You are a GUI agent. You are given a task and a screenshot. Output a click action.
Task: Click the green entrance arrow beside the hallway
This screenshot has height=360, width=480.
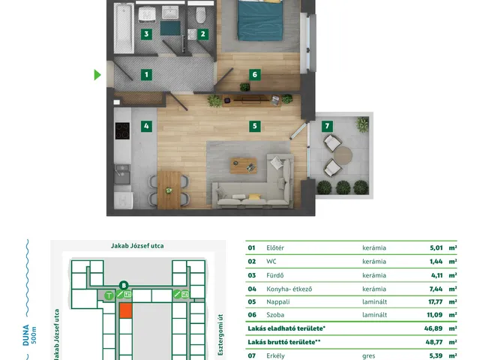point(97,75)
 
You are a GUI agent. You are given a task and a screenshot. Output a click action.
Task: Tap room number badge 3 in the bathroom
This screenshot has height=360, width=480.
point(146,34)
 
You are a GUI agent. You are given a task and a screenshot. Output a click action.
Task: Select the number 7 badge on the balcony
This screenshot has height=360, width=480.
point(327,126)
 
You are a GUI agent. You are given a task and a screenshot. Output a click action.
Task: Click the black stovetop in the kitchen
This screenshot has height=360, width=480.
point(122,130)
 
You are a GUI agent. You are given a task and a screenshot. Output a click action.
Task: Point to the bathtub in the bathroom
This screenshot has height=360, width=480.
point(124,28)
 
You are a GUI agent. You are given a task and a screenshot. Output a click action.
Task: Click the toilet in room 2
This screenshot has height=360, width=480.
point(201,15)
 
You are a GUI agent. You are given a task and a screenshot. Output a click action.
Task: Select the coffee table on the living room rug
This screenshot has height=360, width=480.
point(243,166)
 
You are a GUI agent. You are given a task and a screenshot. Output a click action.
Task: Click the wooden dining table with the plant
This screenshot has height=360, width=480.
point(169,190)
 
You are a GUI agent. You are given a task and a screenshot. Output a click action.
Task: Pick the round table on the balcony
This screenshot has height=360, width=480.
point(343,155)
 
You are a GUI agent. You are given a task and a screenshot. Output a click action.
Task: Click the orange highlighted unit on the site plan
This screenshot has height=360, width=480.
point(125,310)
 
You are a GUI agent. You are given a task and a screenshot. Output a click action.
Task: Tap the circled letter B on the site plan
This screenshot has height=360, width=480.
point(124,286)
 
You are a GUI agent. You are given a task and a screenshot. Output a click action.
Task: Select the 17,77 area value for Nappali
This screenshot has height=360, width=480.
point(435,301)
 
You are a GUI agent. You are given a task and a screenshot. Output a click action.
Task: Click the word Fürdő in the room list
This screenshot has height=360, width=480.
point(275,275)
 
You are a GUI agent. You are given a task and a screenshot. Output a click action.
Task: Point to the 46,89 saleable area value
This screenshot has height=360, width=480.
point(433,328)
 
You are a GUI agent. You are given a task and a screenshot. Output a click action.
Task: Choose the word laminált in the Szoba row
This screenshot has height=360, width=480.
point(375,315)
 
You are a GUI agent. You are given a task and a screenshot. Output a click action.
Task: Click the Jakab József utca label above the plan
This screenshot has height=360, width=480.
point(137,246)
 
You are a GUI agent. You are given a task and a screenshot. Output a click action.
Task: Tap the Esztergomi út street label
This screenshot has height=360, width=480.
point(220,334)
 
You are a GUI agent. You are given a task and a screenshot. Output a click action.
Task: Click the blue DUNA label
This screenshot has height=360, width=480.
point(26,335)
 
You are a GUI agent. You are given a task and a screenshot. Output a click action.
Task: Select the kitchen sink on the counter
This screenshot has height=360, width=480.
point(122,175)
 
